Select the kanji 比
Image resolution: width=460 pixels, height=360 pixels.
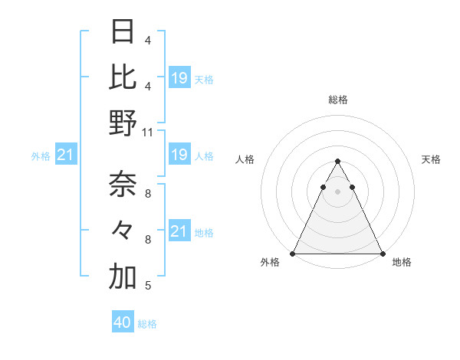click(123, 77)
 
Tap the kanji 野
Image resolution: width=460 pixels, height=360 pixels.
click(123, 123)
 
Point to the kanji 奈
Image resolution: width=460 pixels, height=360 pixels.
click(123, 185)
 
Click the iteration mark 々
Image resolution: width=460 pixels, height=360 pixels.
click(123, 231)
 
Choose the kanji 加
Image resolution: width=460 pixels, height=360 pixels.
click(123, 277)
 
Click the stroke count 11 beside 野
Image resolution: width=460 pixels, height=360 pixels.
click(148, 132)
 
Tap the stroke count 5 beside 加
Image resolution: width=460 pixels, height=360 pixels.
click(148, 286)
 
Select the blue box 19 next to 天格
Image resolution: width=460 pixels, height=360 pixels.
click(179, 77)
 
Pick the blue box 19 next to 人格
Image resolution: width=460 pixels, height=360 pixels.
click(179, 155)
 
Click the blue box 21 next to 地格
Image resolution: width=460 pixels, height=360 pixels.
click(179, 231)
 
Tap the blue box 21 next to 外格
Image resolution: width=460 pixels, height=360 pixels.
click(65, 155)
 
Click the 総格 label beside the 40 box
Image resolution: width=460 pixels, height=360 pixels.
click(147, 324)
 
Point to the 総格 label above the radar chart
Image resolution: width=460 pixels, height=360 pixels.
click(337, 100)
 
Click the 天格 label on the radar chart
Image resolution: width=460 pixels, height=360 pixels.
click(431, 159)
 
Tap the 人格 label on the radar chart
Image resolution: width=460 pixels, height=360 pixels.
click(245, 159)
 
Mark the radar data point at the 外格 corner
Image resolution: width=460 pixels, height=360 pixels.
click(293, 253)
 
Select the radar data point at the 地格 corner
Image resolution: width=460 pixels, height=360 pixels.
click(382, 253)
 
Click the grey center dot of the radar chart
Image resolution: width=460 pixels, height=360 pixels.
click(337, 191)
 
